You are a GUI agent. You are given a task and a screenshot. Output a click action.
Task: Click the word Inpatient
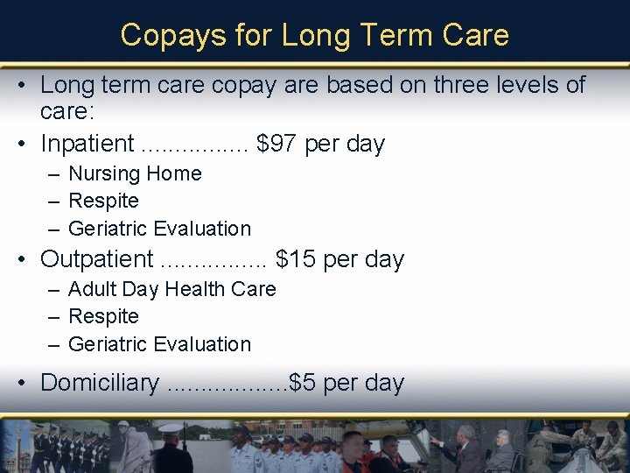pos(87,144)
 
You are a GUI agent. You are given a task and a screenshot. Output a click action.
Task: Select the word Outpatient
pos(96,259)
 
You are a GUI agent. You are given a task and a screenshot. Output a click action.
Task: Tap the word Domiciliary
pos(100,383)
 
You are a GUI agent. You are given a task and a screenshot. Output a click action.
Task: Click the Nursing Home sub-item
pos(135,173)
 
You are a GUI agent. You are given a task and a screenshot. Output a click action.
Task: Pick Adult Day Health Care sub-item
pos(171,289)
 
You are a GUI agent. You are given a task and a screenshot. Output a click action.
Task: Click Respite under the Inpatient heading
pos(103,201)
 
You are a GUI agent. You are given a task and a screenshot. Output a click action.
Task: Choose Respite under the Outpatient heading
pos(103,316)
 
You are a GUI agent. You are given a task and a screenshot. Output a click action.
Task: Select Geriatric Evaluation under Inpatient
pos(159,229)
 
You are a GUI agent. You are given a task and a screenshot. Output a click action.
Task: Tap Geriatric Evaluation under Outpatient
pos(159,344)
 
